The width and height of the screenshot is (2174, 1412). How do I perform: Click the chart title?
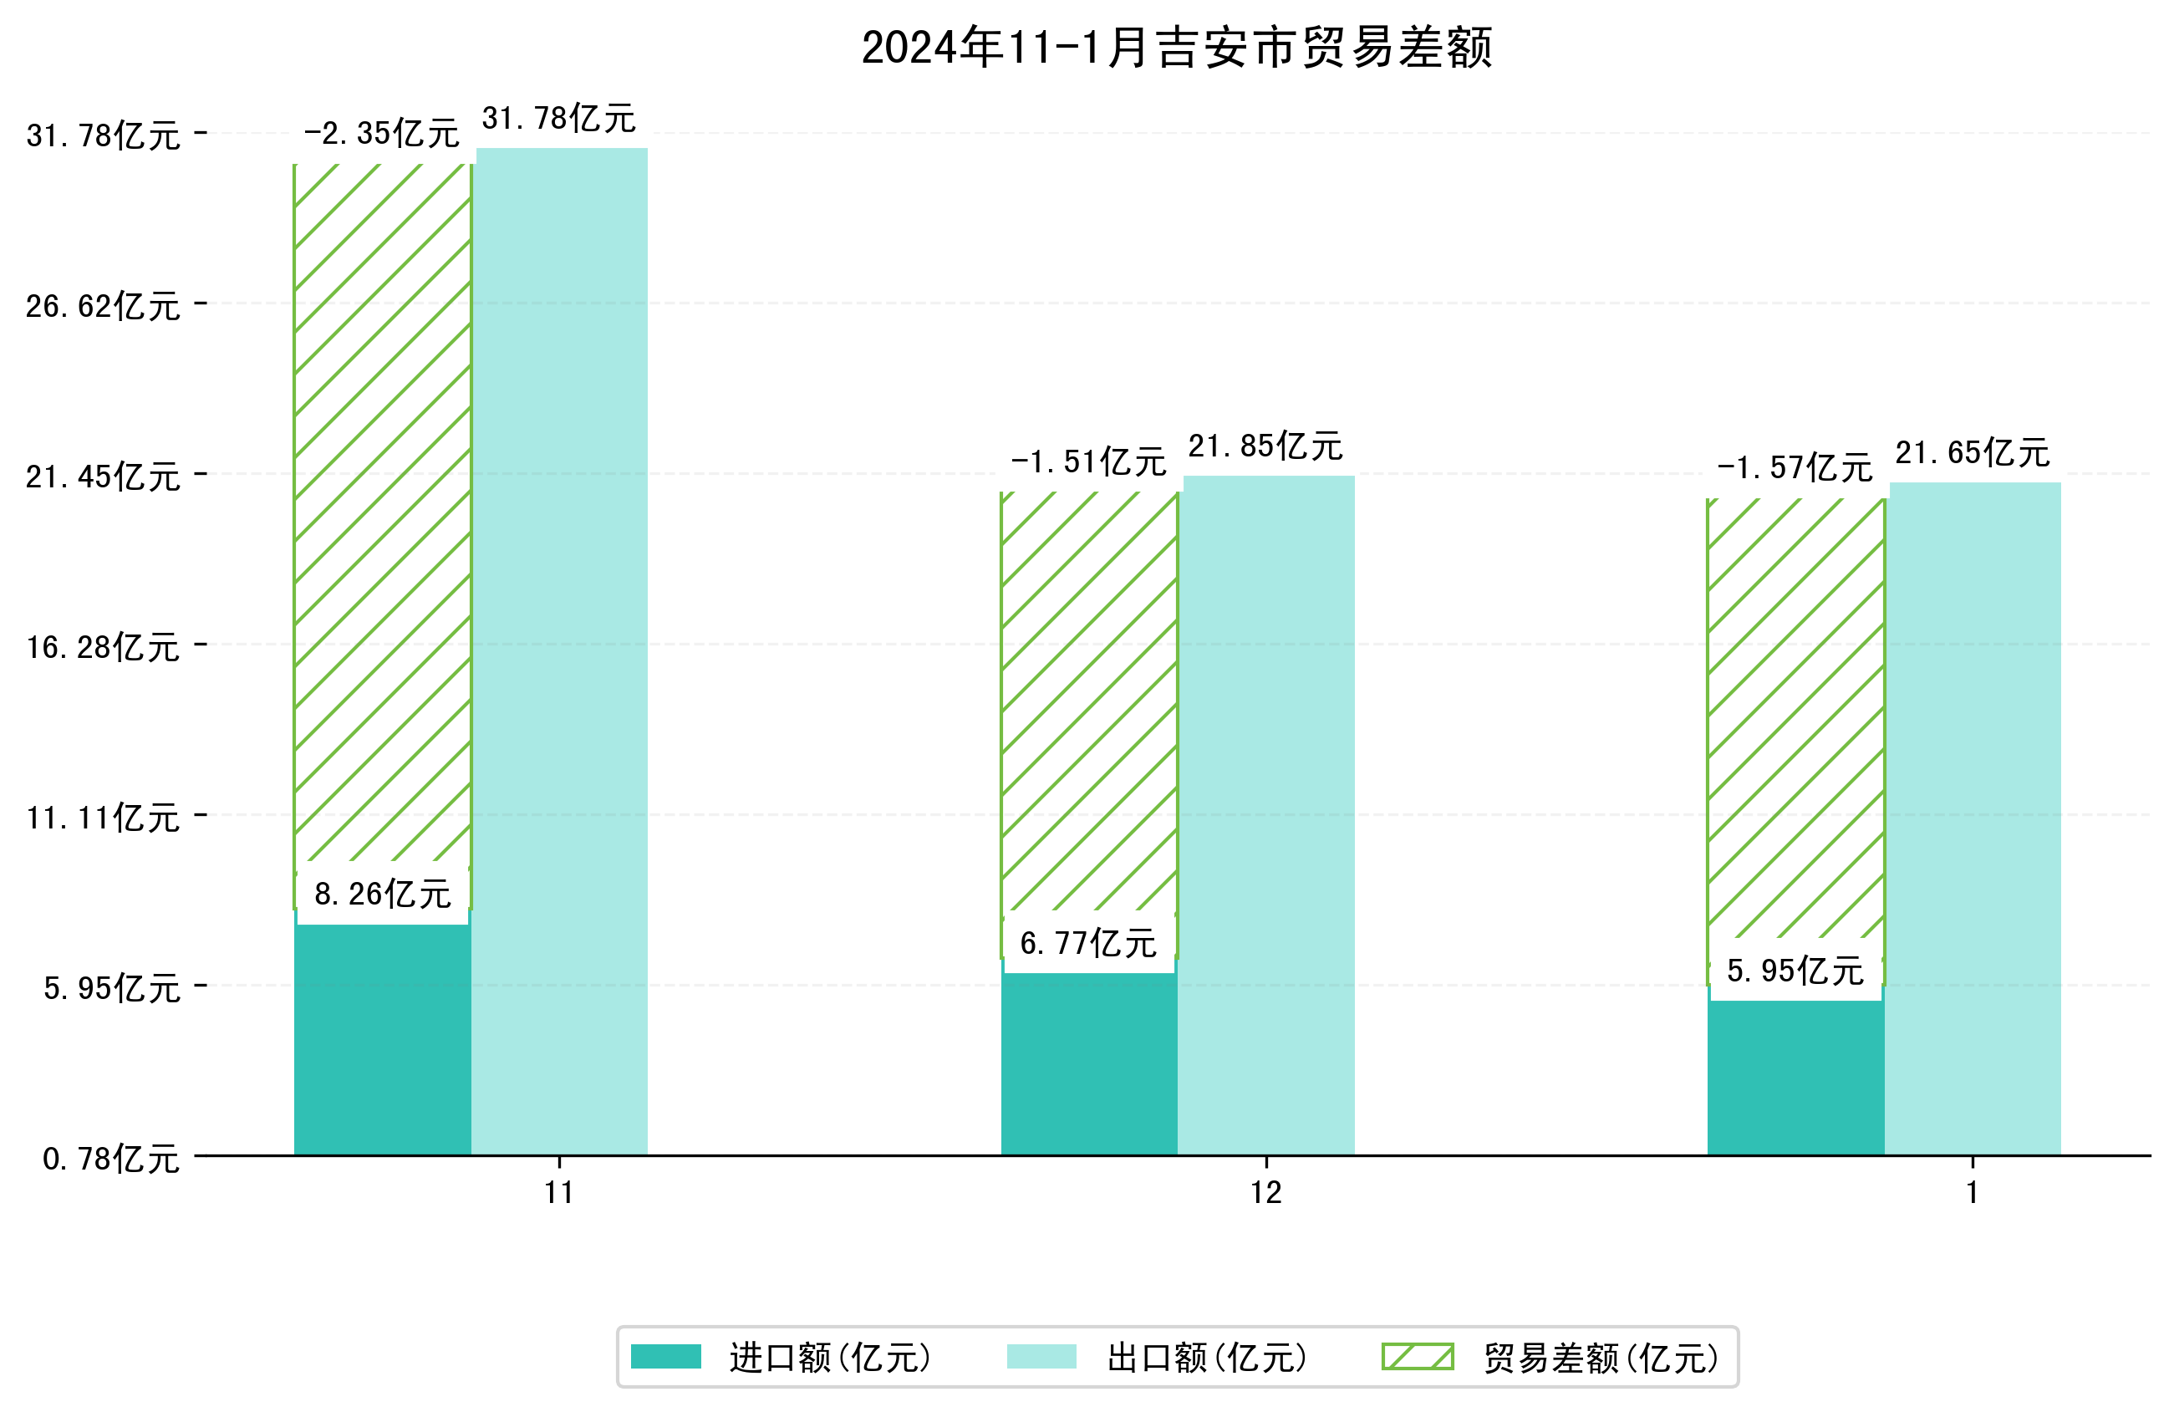1177,48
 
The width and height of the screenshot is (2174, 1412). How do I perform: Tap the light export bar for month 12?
1268,813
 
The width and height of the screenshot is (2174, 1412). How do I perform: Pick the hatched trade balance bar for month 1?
1795,722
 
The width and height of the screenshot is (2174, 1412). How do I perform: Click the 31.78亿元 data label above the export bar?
558,119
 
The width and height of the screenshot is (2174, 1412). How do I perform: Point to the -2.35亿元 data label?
381,135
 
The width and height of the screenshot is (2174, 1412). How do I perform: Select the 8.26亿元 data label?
382,894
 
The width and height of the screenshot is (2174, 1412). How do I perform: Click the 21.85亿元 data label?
1265,446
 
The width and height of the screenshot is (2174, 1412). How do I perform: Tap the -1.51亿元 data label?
1088,462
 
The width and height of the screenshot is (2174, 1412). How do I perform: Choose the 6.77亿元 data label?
1088,943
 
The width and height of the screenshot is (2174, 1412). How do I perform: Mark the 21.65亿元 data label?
1972,453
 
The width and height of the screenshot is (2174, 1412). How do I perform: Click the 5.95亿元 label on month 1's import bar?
1794,971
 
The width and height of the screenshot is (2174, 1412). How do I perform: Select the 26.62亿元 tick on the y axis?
102,306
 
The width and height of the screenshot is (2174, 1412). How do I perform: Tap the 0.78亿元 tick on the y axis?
110,1159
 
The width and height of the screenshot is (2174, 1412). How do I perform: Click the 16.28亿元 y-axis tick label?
102,647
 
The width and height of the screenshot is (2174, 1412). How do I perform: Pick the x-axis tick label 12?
1266,1193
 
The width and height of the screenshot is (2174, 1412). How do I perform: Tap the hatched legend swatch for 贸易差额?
1417,1356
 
